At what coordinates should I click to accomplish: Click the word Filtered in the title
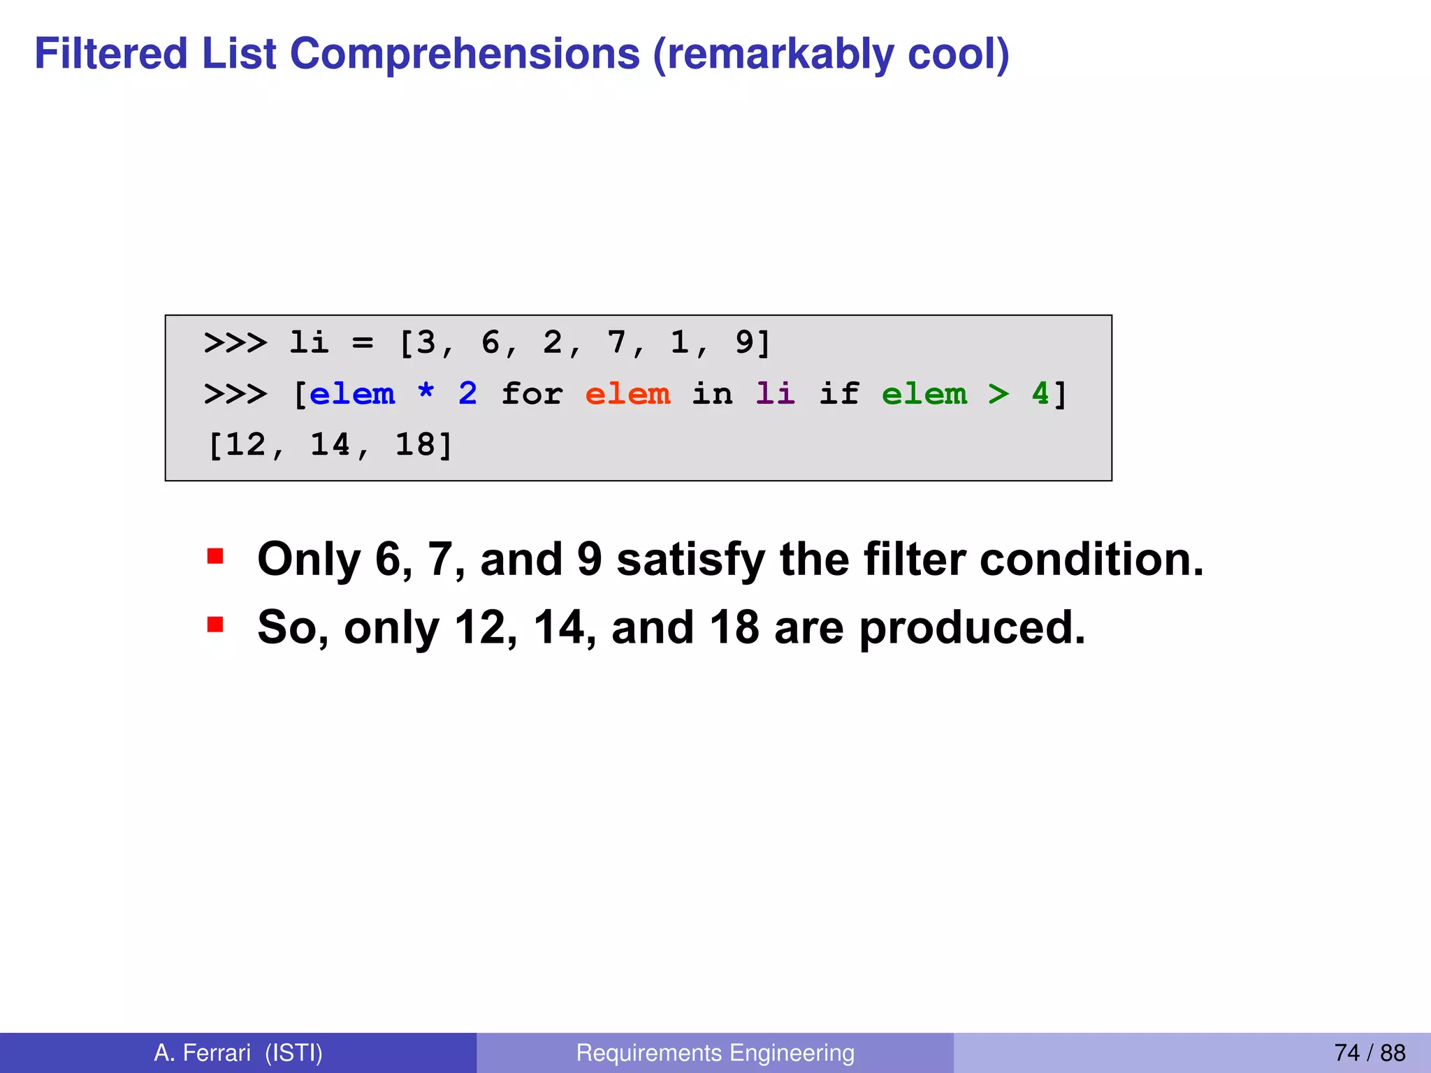[x=111, y=54]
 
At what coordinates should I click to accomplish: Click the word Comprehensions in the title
[x=465, y=54]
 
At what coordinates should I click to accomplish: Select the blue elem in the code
[x=352, y=394]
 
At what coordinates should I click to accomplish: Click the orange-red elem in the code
[x=627, y=394]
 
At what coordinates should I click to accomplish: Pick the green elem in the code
[x=924, y=394]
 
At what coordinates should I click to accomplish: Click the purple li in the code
[x=775, y=394]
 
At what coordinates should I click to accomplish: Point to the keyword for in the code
[x=532, y=394]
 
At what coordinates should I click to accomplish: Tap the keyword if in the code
[x=838, y=394]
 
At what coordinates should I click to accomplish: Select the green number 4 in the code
[x=1040, y=394]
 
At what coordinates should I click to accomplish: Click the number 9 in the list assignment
[x=744, y=343]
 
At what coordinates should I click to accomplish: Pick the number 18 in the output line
[x=414, y=445]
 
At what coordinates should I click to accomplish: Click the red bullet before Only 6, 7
[x=215, y=557]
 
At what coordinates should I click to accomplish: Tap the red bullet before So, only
[x=215, y=624]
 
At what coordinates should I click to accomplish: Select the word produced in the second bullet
[x=972, y=627]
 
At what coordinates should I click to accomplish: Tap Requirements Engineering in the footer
[x=715, y=1053]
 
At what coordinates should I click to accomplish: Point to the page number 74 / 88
[x=1370, y=1053]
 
